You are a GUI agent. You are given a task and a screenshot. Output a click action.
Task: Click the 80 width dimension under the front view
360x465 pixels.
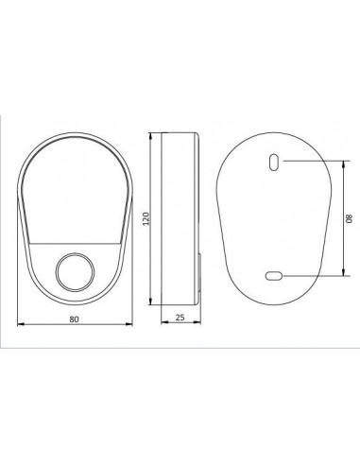tap(74, 319)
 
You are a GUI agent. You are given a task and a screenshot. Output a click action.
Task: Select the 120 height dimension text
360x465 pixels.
tap(146, 218)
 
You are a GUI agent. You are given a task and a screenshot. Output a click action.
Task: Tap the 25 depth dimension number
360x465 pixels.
tap(180, 318)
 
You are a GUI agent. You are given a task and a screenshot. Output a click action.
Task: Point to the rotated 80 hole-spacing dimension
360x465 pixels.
tap(349, 218)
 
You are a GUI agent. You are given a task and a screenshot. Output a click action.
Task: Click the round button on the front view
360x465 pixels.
tap(75, 272)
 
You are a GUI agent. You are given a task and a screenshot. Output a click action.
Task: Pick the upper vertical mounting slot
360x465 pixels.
tap(274, 163)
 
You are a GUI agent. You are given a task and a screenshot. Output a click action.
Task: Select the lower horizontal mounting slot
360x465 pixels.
tap(274, 276)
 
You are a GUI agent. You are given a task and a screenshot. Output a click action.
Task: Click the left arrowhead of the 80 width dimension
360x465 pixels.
tap(21, 324)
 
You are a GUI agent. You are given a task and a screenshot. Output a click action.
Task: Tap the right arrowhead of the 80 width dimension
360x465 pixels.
tap(129, 324)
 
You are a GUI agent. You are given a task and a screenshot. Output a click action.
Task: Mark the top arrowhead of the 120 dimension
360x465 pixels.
tap(151, 136)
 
